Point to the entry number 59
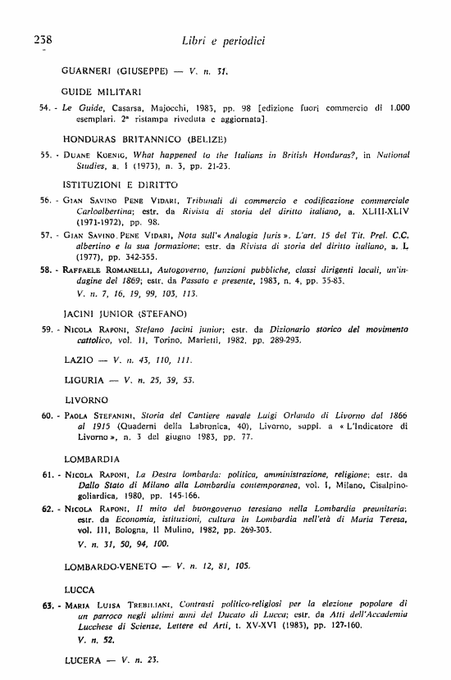click(46, 329)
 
